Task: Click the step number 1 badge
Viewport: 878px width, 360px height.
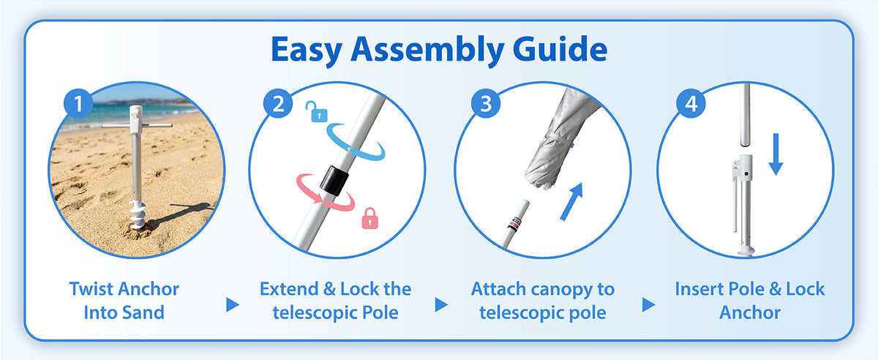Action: tap(78, 103)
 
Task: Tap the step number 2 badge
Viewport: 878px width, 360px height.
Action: tap(278, 103)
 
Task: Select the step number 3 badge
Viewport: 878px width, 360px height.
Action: tap(486, 103)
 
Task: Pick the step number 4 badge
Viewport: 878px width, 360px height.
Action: tap(691, 103)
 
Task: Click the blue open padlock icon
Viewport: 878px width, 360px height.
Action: tap(317, 112)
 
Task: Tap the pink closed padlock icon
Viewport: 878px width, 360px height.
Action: tap(370, 218)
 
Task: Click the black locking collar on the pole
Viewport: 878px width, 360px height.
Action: tap(334, 181)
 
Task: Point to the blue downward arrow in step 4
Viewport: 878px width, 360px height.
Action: tap(776, 154)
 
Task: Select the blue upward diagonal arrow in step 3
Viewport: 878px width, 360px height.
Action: tap(572, 201)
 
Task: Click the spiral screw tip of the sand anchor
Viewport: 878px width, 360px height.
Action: tap(138, 214)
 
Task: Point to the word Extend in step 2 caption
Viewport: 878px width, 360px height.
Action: tap(289, 289)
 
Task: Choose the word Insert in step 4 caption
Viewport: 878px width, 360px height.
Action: tap(698, 289)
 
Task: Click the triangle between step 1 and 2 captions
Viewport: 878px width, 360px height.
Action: tap(233, 304)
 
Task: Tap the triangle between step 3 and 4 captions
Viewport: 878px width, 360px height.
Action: tap(648, 304)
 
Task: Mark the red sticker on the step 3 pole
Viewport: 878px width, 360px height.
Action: tap(514, 225)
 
